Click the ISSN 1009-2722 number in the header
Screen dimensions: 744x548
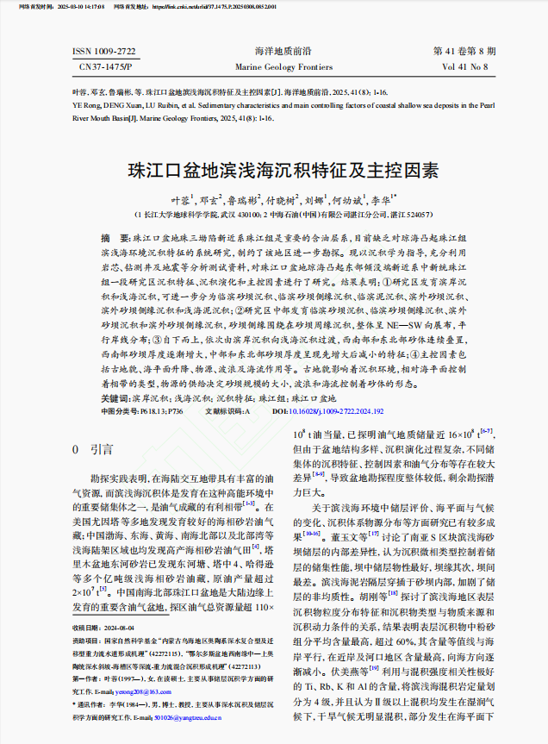(x=104, y=53)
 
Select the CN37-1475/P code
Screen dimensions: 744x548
(x=106, y=66)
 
